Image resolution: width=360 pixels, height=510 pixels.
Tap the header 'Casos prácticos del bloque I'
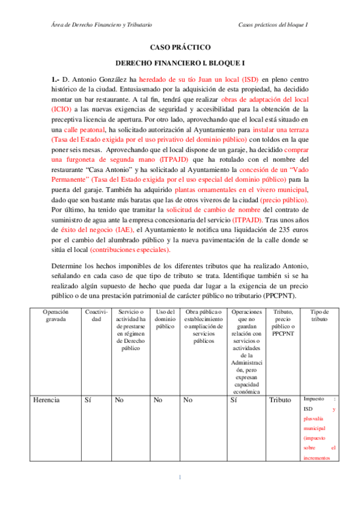[x=273, y=25]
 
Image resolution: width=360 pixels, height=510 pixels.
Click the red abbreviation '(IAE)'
[x=123, y=230]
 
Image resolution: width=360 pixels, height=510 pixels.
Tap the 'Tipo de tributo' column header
[x=319, y=315]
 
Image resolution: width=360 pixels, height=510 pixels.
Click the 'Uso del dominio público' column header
[x=164, y=319]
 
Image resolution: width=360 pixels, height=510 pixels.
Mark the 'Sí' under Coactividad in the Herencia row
[x=89, y=399]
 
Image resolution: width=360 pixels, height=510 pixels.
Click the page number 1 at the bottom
[x=179, y=478]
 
